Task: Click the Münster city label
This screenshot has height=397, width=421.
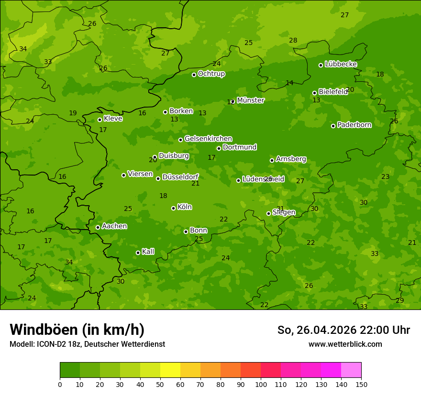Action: pyautogui.click(x=250, y=100)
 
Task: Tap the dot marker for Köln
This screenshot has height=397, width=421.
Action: pyautogui.click(x=173, y=208)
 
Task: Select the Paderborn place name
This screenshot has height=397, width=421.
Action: pyautogui.click(x=354, y=125)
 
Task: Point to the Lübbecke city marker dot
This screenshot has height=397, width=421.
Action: pyautogui.click(x=321, y=65)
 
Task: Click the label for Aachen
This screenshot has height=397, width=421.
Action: pyautogui.click(x=114, y=226)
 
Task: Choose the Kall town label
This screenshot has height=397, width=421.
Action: pyautogui.click(x=148, y=252)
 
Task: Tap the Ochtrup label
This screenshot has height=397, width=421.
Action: pyautogui.click(x=211, y=74)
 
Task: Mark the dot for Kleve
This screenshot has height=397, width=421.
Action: pyautogui.click(x=100, y=120)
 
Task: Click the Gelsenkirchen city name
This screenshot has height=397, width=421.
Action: pyautogui.click(x=208, y=139)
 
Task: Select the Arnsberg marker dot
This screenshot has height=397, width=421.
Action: pyautogui.click(x=272, y=160)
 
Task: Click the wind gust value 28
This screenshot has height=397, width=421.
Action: pyautogui.click(x=293, y=41)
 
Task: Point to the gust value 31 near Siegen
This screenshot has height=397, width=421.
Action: pyautogui.click(x=280, y=209)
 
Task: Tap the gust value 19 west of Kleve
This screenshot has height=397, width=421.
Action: pyautogui.click(x=73, y=113)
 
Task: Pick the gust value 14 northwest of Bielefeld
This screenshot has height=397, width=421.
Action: pyautogui.click(x=289, y=83)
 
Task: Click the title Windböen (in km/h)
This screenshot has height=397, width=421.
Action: pyautogui.click(x=77, y=330)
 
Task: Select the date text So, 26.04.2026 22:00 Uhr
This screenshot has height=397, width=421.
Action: pyautogui.click(x=343, y=330)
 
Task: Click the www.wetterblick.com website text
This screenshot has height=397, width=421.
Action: pyautogui.click(x=345, y=344)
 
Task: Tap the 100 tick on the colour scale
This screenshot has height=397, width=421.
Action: pyautogui.click(x=261, y=384)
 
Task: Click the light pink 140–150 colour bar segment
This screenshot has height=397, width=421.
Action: pyautogui.click(x=351, y=370)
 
